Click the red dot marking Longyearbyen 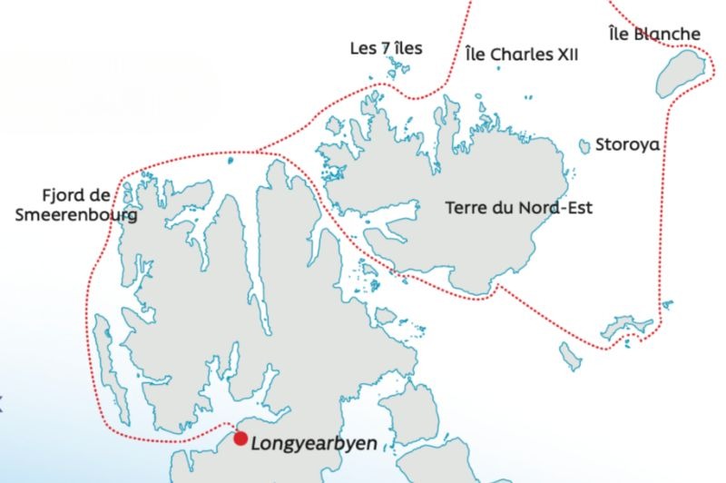pyautogui.click(x=240, y=439)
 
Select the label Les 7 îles pyautogui.click(x=386, y=47)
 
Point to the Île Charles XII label pyautogui.click(x=521, y=54)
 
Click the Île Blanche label pyautogui.click(x=654, y=34)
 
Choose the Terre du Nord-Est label pyautogui.click(x=518, y=207)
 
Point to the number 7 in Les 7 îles pyautogui.click(x=386, y=47)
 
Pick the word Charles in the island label pyautogui.click(x=521, y=54)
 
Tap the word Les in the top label pyautogui.click(x=363, y=47)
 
